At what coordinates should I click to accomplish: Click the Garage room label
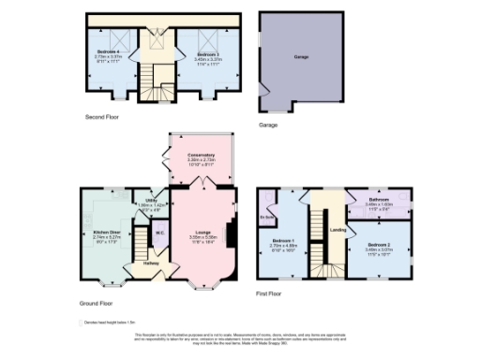click(x=302, y=57)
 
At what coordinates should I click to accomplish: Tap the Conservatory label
click(x=201, y=155)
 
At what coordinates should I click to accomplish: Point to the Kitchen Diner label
click(x=105, y=232)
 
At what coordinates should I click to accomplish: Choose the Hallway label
click(x=151, y=263)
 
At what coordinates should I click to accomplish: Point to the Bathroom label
click(x=378, y=200)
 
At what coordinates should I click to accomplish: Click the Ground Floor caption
click(x=97, y=304)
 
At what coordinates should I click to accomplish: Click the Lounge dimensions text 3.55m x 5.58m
click(x=202, y=237)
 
